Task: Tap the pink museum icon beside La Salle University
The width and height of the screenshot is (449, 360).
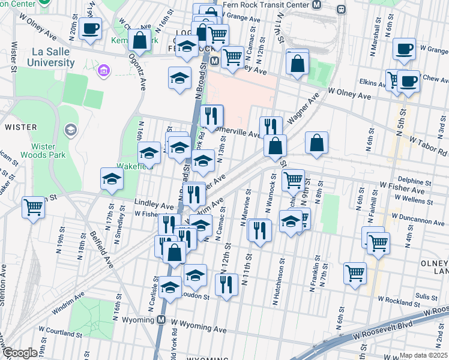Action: click(103, 72)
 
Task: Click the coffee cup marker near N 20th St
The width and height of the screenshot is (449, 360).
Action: click(90, 28)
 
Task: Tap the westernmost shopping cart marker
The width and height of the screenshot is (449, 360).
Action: click(34, 207)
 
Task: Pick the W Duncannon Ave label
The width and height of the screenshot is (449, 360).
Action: click(416, 215)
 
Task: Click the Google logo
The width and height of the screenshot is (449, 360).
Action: click(20, 353)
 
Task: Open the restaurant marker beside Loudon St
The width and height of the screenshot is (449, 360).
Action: click(226, 284)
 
